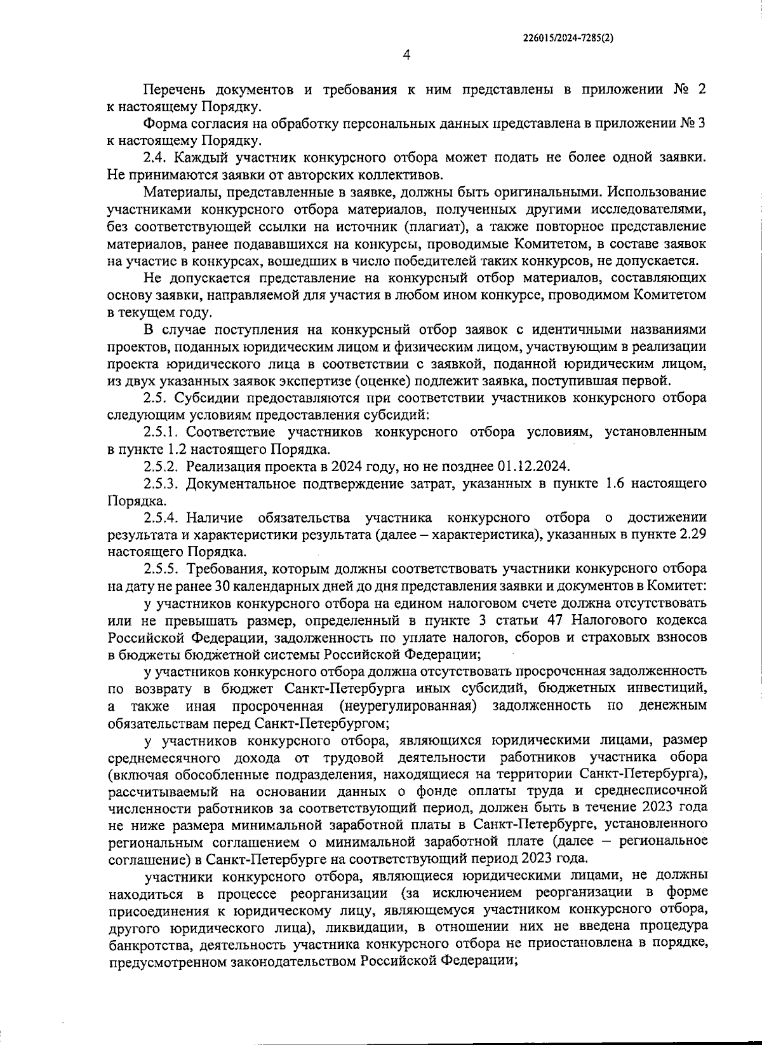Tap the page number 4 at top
point(406,55)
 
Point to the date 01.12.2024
point(533,467)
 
